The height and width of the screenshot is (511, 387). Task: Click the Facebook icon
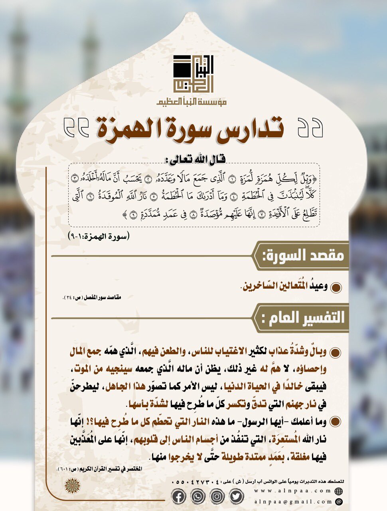(x=178, y=496)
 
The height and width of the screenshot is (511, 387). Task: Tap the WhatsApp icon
(x=197, y=496)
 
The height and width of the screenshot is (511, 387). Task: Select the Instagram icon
(x=217, y=496)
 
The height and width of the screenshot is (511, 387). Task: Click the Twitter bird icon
(x=236, y=496)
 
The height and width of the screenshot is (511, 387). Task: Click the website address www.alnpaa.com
(x=293, y=491)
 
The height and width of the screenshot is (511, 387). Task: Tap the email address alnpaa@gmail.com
(x=293, y=501)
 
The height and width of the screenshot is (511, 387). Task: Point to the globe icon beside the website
(x=339, y=491)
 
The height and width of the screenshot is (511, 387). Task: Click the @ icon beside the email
(x=339, y=501)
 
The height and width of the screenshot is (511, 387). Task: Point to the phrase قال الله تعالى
(x=195, y=158)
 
